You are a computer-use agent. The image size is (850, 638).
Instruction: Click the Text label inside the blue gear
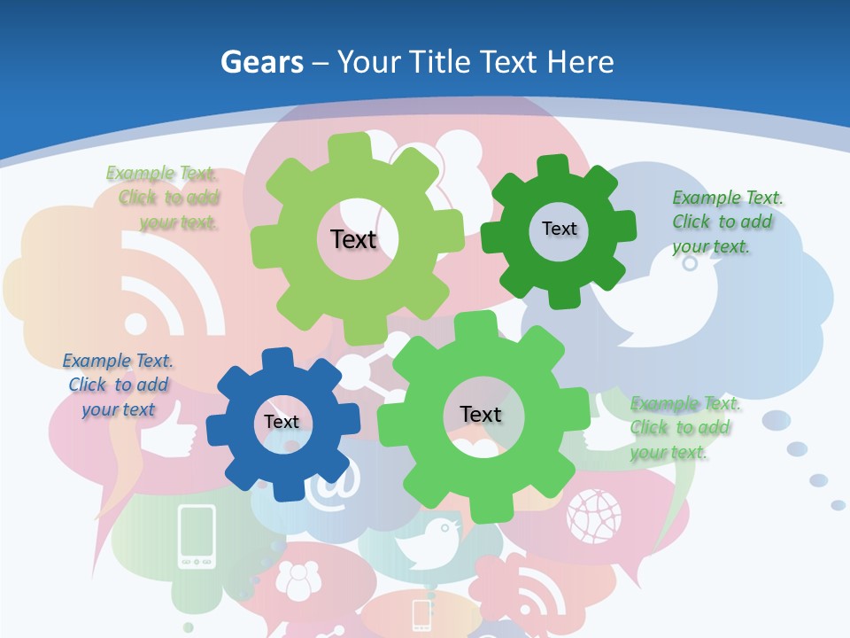coord(282,423)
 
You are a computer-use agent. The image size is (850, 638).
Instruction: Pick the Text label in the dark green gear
coord(559,229)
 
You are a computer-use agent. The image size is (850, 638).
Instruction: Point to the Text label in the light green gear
coord(353,239)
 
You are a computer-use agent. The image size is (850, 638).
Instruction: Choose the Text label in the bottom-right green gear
coord(481,415)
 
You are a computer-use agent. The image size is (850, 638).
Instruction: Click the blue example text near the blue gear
coord(118,385)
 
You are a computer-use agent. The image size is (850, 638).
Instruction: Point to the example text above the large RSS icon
coord(164,197)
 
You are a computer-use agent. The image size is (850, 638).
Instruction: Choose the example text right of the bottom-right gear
coord(682,428)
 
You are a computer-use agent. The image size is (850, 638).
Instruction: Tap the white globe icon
coord(594,514)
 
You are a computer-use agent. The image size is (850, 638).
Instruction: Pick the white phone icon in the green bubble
coord(197,535)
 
